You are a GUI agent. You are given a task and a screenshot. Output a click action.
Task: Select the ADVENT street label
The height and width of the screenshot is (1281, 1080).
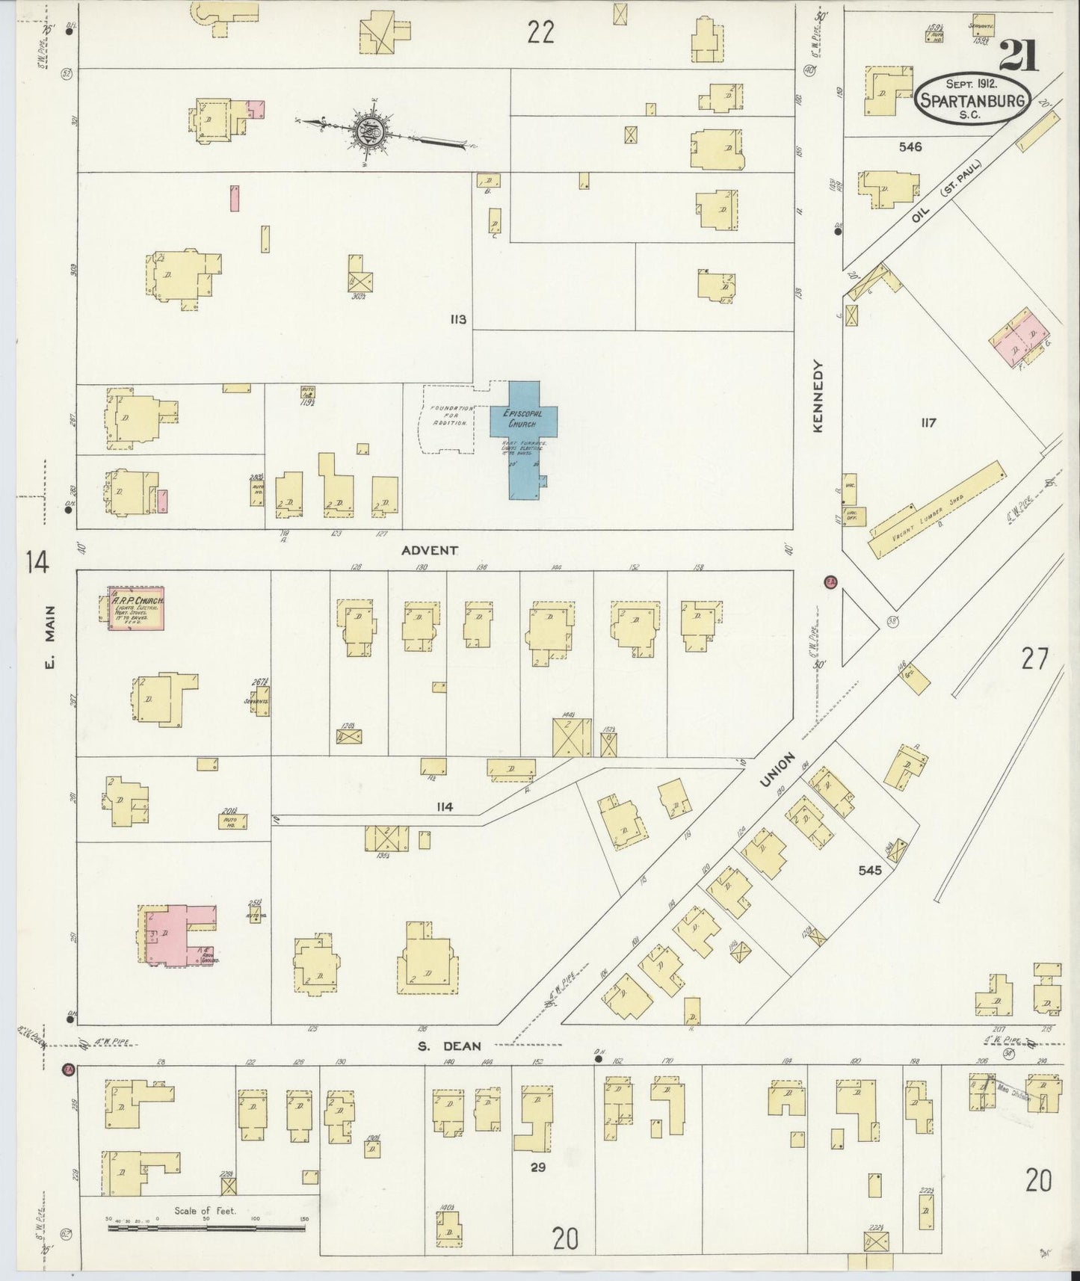click(x=429, y=551)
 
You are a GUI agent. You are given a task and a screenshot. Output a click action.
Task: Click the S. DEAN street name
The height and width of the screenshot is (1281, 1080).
click(x=449, y=1046)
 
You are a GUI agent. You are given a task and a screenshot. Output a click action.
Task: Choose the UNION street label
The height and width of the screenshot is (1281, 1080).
click(x=777, y=769)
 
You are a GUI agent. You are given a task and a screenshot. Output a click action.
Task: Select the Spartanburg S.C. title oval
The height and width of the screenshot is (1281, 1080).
click(x=972, y=99)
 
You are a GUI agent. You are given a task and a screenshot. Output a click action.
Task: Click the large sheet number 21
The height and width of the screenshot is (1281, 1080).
click(x=1019, y=56)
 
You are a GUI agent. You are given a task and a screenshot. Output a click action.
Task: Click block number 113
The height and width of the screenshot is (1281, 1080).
click(x=458, y=320)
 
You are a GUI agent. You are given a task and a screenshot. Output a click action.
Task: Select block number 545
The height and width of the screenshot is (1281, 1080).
click(x=870, y=871)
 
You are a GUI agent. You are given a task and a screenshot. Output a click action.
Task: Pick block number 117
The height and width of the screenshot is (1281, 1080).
click(x=928, y=423)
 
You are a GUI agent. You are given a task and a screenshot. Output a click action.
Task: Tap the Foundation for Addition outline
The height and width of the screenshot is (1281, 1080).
click(x=447, y=419)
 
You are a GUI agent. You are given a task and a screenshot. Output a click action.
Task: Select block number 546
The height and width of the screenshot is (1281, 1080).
click(x=910, y=147)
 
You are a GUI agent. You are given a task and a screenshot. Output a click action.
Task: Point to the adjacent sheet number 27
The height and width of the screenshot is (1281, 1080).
click(x=1035, y=659)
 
